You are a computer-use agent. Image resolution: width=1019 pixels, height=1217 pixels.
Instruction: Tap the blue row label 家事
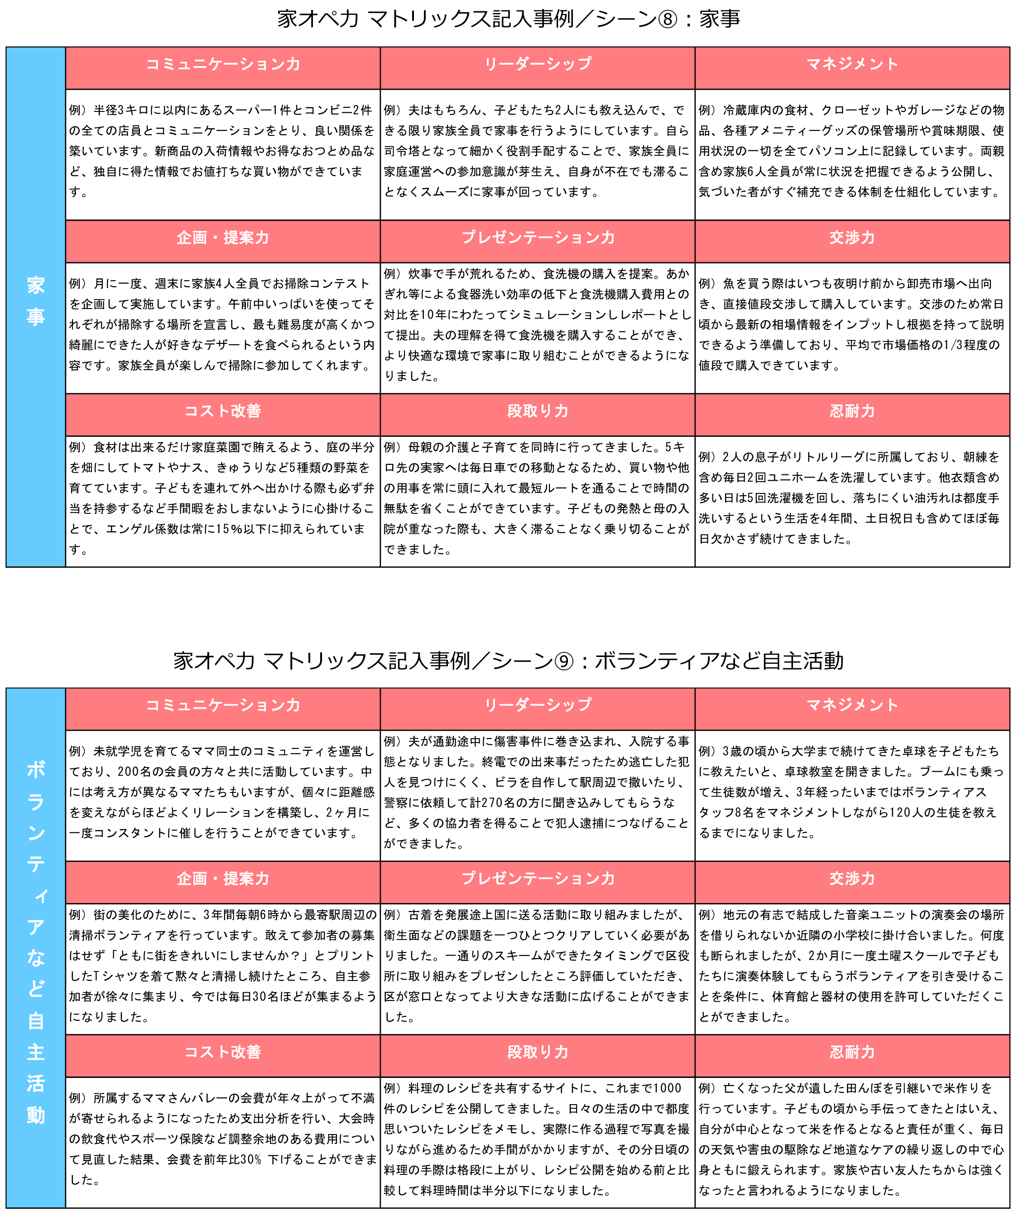point(35,301)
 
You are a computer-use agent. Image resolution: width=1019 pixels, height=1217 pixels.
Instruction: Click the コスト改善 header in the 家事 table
point(222,411)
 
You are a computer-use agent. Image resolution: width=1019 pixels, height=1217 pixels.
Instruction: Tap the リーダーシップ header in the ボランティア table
point(538,705)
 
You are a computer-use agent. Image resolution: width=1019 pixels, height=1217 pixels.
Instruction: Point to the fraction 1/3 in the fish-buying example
point(950,345)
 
